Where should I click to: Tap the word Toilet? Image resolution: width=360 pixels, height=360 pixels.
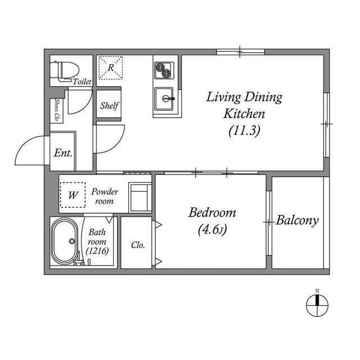click(82, 82)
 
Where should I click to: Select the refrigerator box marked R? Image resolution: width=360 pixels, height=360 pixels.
click(111, 67)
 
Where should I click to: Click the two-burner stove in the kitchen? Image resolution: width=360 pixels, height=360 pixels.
click(164, 71)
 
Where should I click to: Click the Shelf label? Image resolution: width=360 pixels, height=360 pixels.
click(109, 105)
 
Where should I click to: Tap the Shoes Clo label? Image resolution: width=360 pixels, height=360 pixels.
click(57, 110)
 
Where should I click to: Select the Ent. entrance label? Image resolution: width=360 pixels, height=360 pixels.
click(63, 153)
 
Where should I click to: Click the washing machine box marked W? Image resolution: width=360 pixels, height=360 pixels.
click(73, 195)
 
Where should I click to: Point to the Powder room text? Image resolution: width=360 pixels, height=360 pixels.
click(105, 196)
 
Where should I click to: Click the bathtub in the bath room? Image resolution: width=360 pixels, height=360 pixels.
click(66, 241)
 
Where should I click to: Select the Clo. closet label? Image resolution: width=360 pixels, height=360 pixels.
click(138, 245)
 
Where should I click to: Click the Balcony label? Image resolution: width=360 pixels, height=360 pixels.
click(297, 220)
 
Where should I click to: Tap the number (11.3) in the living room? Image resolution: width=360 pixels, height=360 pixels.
click(244, 130)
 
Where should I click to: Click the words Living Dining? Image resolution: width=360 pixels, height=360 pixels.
click(244, 97)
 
